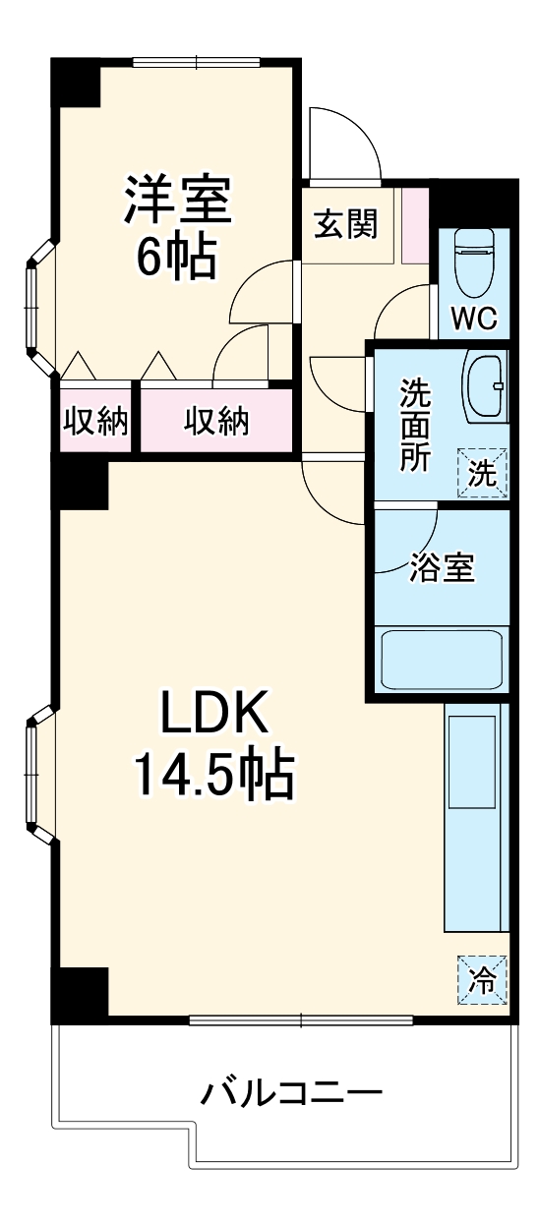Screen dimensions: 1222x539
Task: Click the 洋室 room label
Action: click(177, 201)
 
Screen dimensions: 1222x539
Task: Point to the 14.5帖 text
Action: click(214, 776)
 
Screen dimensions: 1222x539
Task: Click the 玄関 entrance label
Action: click(345, 225)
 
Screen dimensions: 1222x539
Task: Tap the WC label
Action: click(475, 319)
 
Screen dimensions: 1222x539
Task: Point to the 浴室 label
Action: click(442, 568)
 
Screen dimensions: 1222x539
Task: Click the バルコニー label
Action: click(292, 1092)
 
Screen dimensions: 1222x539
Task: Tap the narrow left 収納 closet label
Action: click(95, 422)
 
